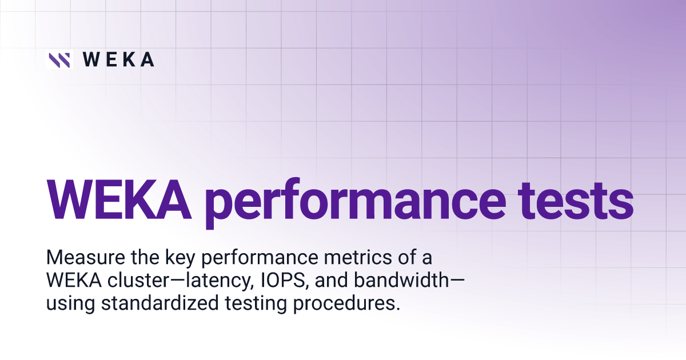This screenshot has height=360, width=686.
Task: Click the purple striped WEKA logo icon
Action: [59, 59]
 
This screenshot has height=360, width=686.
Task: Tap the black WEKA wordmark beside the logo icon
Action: [118, 59]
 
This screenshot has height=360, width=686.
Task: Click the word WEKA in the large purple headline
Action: [118, 199]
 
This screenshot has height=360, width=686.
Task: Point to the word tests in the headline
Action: [576, 201]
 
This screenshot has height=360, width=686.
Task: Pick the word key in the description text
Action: [181, 259]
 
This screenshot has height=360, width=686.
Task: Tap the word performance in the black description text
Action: [260, 259]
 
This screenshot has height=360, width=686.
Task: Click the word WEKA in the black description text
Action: [74, 280]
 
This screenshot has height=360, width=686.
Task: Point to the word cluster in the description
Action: [138, 280]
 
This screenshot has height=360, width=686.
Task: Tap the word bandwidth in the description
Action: [401, 280]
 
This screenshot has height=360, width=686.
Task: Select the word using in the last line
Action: [71, 304]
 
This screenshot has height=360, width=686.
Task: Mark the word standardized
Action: [160, 303]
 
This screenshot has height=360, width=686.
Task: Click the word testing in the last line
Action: [256, 304]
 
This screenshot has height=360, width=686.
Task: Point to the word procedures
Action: [346, 304]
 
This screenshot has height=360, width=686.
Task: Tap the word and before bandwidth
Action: [332, 280]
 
